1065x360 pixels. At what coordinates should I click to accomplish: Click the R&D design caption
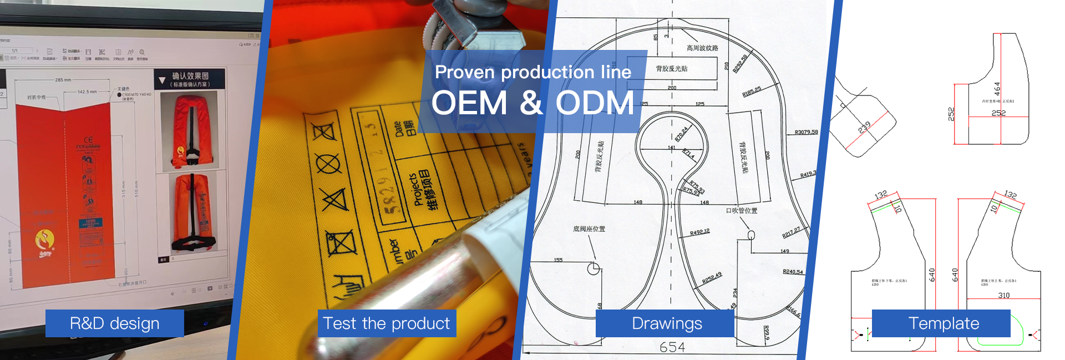point(114,323)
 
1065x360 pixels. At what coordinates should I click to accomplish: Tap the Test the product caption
point(387,323)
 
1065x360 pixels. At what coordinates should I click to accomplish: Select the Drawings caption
point(667,323)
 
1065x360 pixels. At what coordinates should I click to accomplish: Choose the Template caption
point(944,323)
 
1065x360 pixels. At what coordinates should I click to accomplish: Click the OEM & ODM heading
point(532,103)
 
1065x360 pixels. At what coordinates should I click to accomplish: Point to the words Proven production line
point(532,72)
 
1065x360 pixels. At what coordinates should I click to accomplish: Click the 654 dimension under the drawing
point(672,348)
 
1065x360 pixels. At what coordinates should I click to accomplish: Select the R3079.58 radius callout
point(806,132)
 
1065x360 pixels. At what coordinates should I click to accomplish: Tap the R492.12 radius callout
point(699,232)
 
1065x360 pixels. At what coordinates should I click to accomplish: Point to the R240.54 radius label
point(793,272)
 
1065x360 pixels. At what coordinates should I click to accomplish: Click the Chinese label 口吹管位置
point(742,211)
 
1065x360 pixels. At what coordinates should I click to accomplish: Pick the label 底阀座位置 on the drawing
point(589,229)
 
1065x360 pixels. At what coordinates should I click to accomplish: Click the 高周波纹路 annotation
point(702,48)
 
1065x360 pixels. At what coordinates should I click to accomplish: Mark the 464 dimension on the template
point(997,89)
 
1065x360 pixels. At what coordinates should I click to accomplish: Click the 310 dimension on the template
point(1004,295)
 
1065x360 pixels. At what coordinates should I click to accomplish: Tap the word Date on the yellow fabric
point(398,129)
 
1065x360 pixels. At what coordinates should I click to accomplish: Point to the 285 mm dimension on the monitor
point(63,80)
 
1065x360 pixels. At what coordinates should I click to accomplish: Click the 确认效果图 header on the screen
point(190,76)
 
